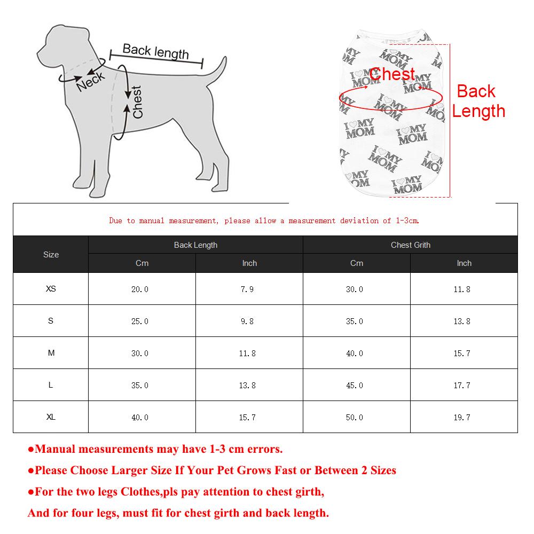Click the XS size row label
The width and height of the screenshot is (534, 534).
pos(51,289)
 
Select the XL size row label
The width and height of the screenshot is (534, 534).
pos(51,417)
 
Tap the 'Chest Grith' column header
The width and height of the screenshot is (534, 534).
pos(410,245)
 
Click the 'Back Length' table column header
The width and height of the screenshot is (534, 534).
pos(195,245)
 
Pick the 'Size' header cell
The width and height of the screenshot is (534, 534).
pos(51,255)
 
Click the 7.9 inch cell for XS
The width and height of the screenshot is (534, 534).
pos(247,289)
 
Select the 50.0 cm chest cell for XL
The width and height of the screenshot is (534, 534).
pos(355,418)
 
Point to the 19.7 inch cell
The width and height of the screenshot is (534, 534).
pos(462,418)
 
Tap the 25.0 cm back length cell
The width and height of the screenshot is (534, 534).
pos(140,321)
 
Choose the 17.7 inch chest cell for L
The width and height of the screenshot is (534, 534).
pos(462,386)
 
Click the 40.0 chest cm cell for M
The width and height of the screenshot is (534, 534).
pos(355,354)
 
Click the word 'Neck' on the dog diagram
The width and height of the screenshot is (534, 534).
pos(91,82)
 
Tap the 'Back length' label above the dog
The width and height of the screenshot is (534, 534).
pos(155,51)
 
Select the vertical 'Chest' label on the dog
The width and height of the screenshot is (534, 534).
pos(138,102)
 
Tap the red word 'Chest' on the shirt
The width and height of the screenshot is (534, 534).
pos(392,74)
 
